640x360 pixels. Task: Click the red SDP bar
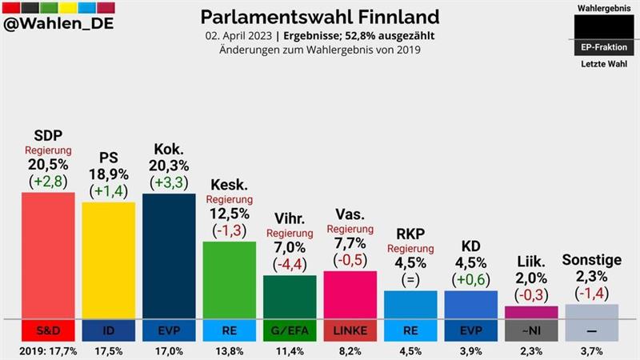coord(47,256)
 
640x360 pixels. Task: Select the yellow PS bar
coord(109,260)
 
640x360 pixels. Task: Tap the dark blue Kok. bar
coord(169,256)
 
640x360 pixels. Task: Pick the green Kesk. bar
coord(229,280)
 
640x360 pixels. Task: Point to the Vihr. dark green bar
coord(290,298)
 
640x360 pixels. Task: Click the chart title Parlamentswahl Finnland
coord(319,17)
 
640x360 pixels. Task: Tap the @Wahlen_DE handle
coord(58,23)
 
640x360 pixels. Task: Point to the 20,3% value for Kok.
coord(169,164)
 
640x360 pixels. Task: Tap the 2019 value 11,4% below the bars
coord(290,350)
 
